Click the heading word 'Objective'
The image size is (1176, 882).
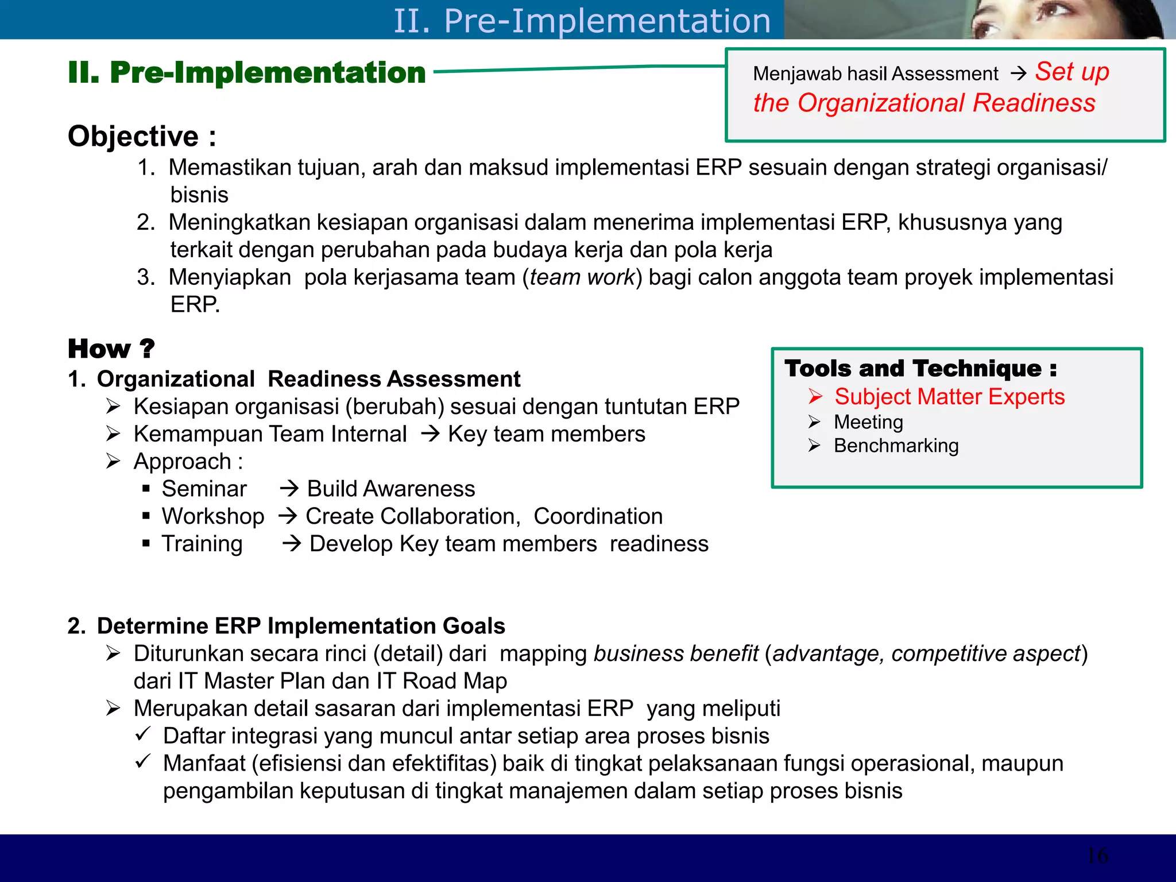(133, 137)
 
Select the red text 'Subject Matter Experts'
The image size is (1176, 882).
(949, 397)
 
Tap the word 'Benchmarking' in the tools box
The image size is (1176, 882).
(896, 446)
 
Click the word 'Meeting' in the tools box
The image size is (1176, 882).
(868, 422)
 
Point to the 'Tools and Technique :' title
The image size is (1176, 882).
(920, 369)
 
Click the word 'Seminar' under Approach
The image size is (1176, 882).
(204, 489)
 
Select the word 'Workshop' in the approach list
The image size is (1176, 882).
(213, 516)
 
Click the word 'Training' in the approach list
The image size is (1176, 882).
(202, 544)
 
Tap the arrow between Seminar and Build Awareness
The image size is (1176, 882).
(289, 489)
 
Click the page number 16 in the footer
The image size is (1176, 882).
(1097, 856)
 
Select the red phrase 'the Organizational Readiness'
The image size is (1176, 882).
(924, 103)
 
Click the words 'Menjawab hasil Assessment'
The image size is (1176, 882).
(875, 74)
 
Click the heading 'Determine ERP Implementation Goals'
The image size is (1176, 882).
(300, 626)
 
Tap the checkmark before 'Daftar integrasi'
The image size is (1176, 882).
(143, 734)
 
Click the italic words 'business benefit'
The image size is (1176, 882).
(676, 653)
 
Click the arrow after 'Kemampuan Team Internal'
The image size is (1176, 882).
(430, 434)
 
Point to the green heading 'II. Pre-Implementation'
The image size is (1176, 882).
(247, 73)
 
